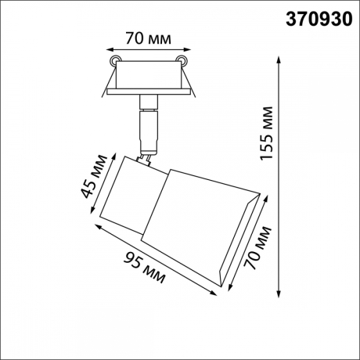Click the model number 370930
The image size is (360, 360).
click(x=317, y=17)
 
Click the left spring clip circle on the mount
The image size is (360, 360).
click(x=115, y=61)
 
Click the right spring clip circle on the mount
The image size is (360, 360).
click(x=183, y=61)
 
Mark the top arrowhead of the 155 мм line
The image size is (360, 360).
click(x=280, y=56)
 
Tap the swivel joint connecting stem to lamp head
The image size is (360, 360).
click(x=145, y=159)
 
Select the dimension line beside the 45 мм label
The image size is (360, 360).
click(x=105, y=188)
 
